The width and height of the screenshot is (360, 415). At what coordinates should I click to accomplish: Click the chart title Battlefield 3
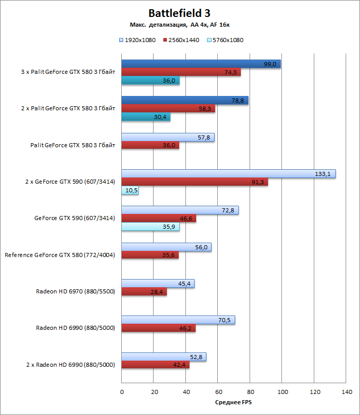pyautogui.click(x=179, y=13)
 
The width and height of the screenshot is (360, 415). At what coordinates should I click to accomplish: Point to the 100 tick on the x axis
pyautogui.click(x=282, y=392)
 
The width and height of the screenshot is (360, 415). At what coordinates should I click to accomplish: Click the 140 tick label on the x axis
pyautogui.click(x=346, y=392)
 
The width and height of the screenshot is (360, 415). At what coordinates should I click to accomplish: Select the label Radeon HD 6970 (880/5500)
pyautogui.click(x=75, y=291)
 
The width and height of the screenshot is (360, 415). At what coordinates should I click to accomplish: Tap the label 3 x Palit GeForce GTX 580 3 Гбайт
pyautogui.click(x=67, y=72)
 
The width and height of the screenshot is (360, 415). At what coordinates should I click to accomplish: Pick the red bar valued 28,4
pyautogui.click(x=144, y=292)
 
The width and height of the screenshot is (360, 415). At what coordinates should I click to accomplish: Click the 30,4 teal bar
pyautogui.click(x=146, y=117)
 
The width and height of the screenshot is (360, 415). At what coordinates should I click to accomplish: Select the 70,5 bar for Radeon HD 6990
pyautogui.click(x=178, y=320)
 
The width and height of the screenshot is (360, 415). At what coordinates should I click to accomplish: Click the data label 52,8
pyautogui.click(x=198, y=357)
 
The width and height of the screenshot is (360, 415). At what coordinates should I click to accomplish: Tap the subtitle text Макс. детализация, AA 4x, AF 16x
pyautogui.click(x=179, y=25)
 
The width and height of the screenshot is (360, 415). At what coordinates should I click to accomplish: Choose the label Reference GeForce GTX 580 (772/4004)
pyautogui.click(x=59, y=255)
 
